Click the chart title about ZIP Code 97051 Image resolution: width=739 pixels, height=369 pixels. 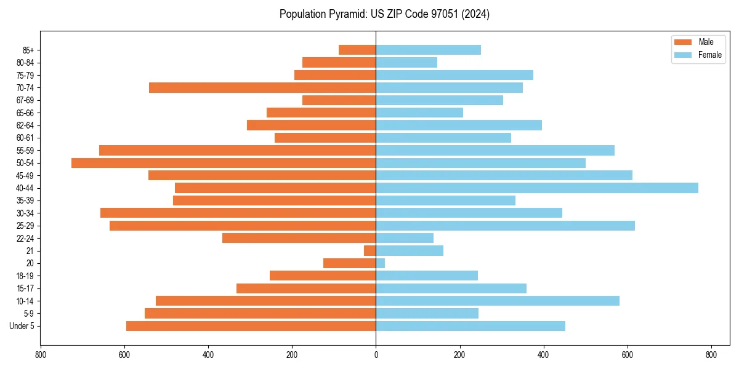point(384,14)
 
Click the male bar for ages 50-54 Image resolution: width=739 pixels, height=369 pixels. point(224,163)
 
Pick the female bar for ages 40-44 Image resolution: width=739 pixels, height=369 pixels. point(537,188)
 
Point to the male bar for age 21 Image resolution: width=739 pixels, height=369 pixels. point(369,251)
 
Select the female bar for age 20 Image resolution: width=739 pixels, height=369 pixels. point(381,263)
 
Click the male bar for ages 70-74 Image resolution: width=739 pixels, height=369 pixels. point(262,88)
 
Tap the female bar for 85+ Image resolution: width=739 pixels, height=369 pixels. point(428,50)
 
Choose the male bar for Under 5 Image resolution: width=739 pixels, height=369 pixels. point(251,326)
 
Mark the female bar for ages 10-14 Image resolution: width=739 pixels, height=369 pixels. point(498,301)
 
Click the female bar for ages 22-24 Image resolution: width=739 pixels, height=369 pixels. point(405,238)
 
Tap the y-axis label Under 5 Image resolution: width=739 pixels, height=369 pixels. point(22,326)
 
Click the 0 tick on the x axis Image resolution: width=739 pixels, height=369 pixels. point(376,355)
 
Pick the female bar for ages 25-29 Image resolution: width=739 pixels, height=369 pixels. point(505,226)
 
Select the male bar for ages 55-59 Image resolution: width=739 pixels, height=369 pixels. point(237,151)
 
